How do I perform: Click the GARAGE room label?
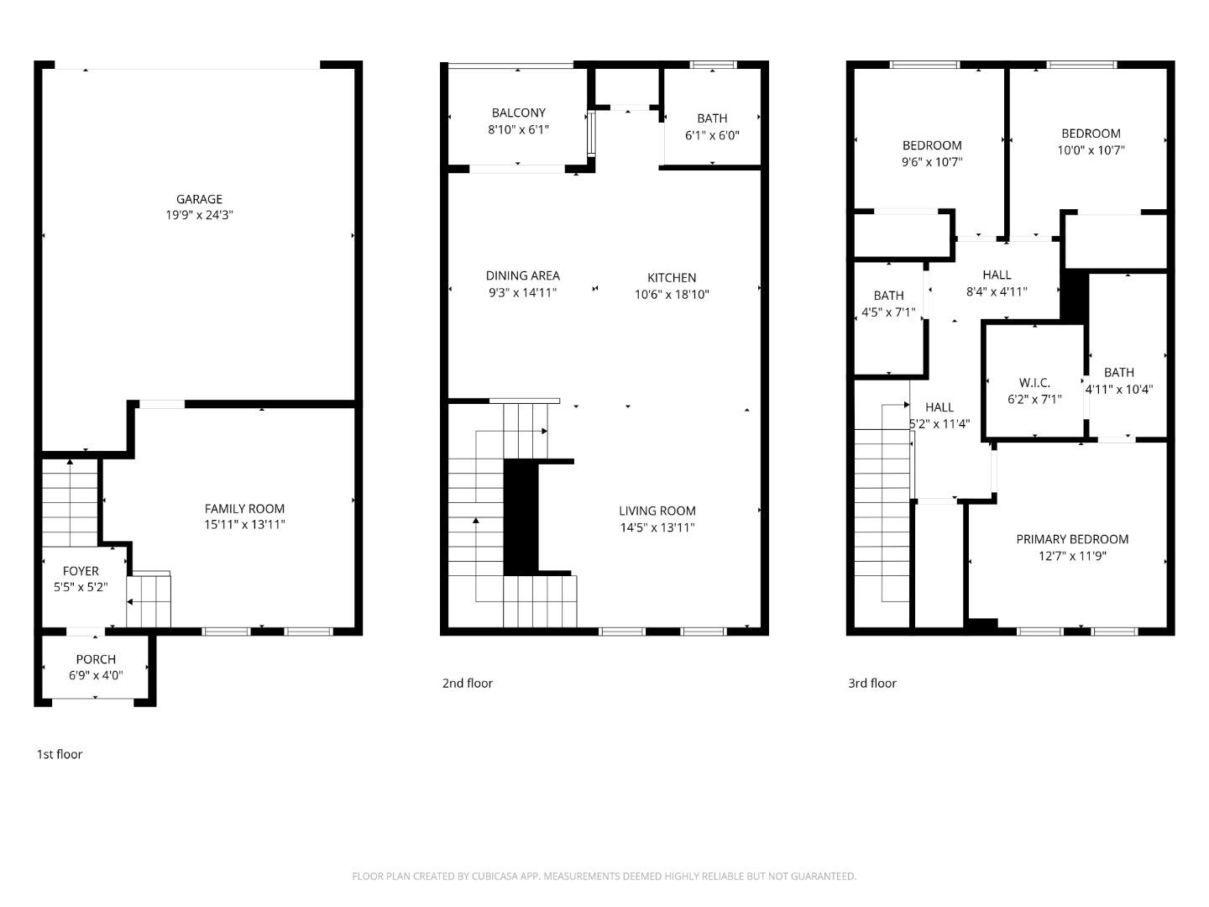click(199, 199)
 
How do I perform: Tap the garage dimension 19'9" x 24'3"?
click(199, 215)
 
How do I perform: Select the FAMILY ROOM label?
click(244, 508)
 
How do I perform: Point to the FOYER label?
click(81, 571)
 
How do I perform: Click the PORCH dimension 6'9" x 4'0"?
click(96, 674)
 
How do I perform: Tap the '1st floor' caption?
click(60, 754)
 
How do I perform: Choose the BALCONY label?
click(518, 113)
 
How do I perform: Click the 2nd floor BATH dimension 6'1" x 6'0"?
click(712, 134)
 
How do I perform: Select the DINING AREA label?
click(522, 275)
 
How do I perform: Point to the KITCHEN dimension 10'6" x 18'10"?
click(672, 294)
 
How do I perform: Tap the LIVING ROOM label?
click(657, 511)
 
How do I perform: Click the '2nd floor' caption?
click(468, 683)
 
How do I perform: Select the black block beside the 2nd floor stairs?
click(521, 516)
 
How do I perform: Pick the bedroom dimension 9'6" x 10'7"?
click(932, 161)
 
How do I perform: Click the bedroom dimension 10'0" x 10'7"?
click(1091, 149)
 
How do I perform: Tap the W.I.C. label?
click(1034, 383)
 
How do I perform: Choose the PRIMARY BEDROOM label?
click(1072, 539)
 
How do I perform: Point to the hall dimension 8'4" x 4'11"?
click(997, 291)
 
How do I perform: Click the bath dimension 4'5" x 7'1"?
click(887, 312)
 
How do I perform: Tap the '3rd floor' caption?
click(872, 683)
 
